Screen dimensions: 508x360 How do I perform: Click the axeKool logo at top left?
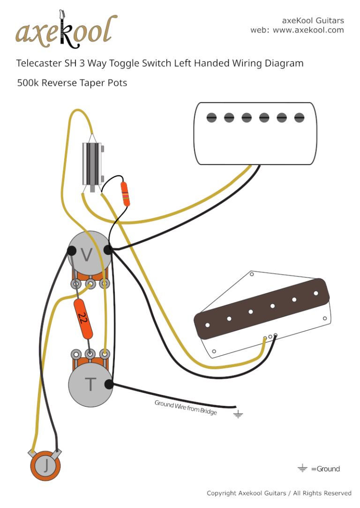point(66,31)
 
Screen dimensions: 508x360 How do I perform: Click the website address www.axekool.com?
point(308,30)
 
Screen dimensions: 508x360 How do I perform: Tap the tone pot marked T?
point(90,384)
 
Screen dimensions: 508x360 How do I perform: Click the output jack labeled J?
point(46,465)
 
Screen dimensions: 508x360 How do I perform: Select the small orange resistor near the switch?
point(125,194)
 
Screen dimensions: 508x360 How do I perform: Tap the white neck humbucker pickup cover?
point(255,134)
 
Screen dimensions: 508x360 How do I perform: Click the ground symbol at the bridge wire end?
point(239,414)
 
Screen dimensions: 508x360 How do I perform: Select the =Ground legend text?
point(325,469)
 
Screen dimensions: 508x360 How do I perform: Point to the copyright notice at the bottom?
point(279,493)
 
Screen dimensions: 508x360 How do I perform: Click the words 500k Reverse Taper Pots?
point(72,83)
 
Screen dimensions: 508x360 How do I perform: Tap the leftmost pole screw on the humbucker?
point(212,118)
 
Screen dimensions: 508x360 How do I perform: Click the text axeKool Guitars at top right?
point(313,21)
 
